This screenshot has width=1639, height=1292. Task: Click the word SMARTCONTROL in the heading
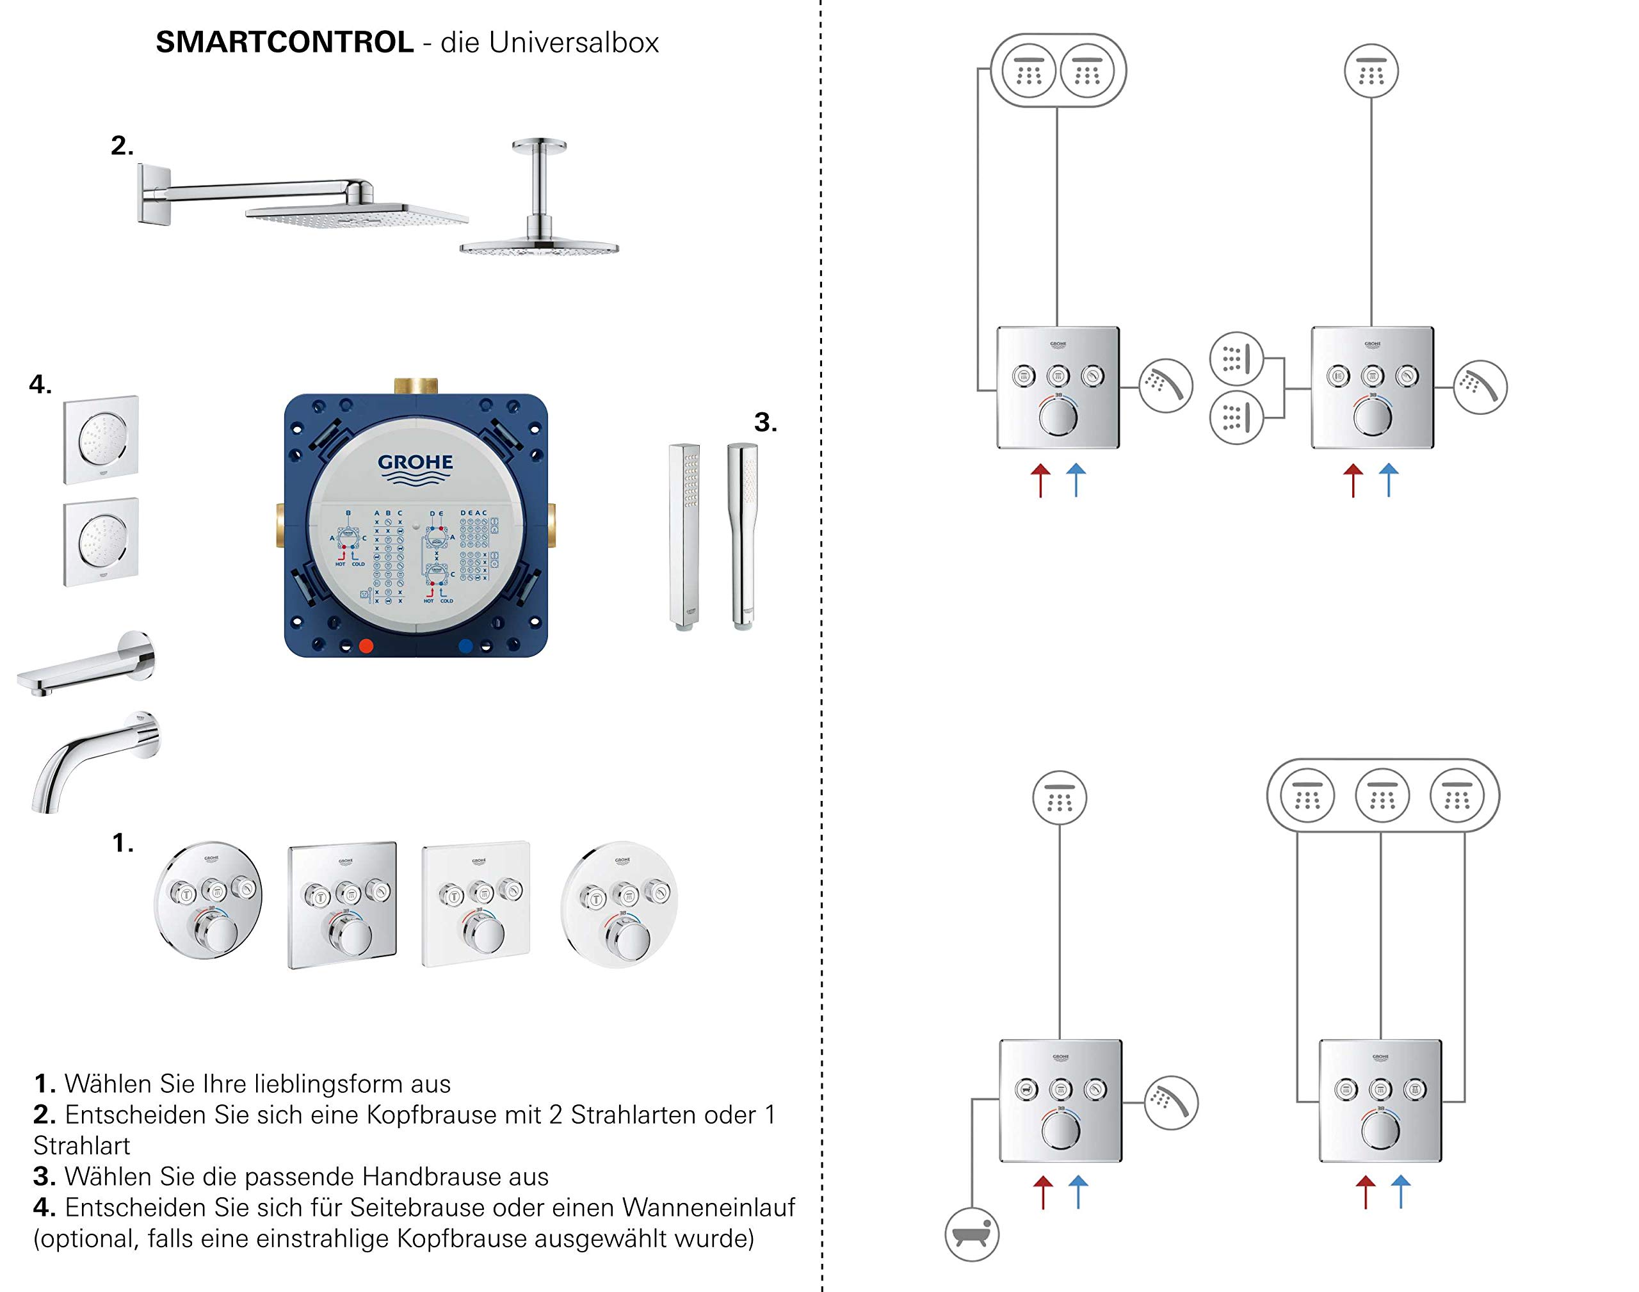pyautogui.click(x=284, y=42)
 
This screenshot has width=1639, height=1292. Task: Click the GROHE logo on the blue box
pyautogui.click(x=416, y=468)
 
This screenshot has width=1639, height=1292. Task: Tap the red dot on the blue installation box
pyautogui.click(x=366, y=645)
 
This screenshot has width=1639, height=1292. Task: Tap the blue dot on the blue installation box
pyautogui.click(x=466, y=645)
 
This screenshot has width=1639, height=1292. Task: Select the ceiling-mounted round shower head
pyautogui.click(x=539, y=227)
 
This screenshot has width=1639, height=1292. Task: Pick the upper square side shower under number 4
pyautogui.click(x=101, y=439)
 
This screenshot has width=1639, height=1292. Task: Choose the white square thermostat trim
pyautogui.click(x=476, y=903)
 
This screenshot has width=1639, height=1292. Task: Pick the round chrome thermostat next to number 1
pyautogui.click(x=208, y=900)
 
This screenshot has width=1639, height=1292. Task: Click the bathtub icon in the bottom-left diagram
pyautogui.click(x=972, y=1234)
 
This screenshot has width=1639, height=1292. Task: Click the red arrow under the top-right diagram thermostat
pyautogui.click(x=1353, y=480)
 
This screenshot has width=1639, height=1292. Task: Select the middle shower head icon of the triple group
pyautogui.click(x=1382, y=795)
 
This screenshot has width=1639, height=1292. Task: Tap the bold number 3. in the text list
pyautogui.click(x=45, y=1176)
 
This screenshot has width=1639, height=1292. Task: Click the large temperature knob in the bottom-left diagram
pyautogui.click(x=1060, y=1130)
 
